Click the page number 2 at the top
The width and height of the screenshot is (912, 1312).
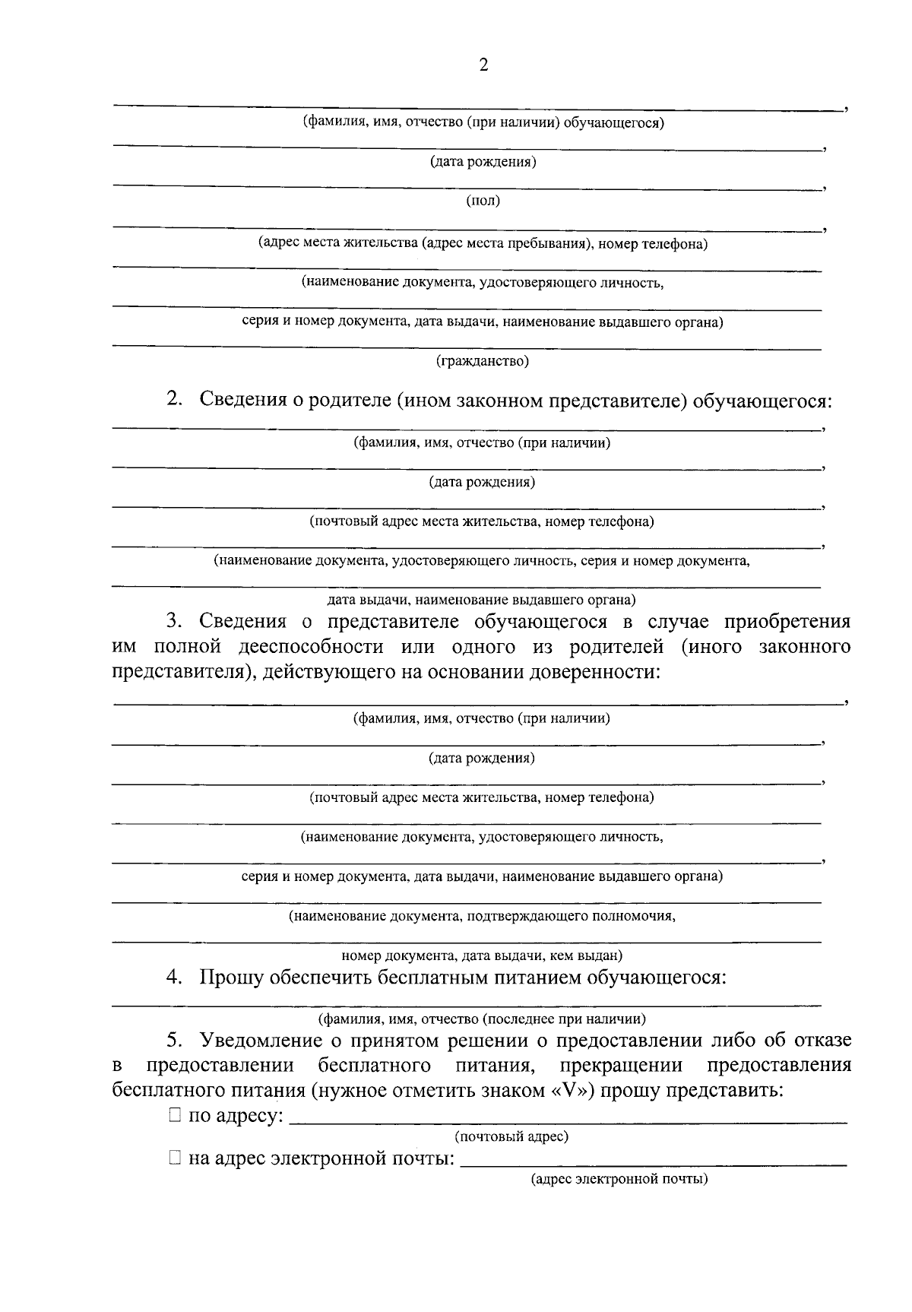[x=483, y=65]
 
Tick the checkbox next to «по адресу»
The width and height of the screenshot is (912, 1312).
[x=175, y=1115]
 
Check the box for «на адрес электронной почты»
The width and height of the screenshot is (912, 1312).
[x=175, y=1158]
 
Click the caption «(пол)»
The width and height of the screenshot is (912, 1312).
[x=483, y=201]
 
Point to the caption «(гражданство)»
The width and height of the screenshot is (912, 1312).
[x=483, y=361]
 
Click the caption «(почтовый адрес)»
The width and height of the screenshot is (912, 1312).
[x=511, y=1137]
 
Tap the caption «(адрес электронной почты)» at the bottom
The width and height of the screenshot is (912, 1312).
[x=619, y=1180]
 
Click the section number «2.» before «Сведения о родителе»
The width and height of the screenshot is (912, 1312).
[x=175, y=399]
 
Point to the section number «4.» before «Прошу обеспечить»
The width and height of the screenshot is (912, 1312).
[x=175, y=978]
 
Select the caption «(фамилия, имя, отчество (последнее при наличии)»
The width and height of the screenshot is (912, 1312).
[x=482, y=1019]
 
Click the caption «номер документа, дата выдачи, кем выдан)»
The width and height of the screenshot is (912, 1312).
[x=482, y=955]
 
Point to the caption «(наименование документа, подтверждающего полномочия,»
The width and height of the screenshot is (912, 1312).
[x=482, y=916]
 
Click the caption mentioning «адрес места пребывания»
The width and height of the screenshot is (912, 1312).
[x=483, y=244]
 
